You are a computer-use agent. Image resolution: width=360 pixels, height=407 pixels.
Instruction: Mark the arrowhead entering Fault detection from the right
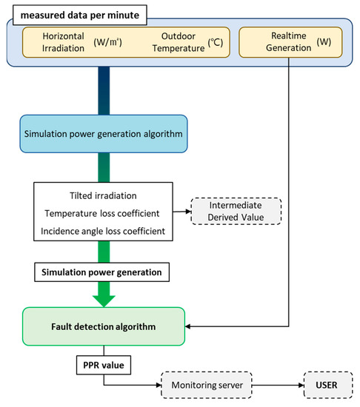[189, 326]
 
